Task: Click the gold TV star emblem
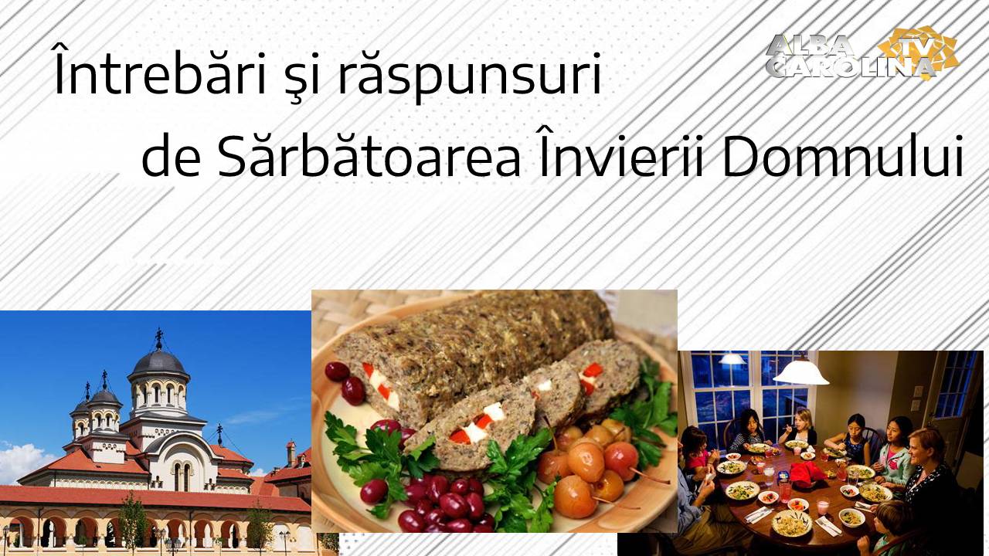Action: (919, 49)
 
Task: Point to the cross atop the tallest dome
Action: (158, 337)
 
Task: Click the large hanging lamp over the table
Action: (800, 372)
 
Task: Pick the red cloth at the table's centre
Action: (807, 473)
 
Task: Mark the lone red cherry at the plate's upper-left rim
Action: (337, 371)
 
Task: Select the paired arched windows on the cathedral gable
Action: (182, 476)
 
